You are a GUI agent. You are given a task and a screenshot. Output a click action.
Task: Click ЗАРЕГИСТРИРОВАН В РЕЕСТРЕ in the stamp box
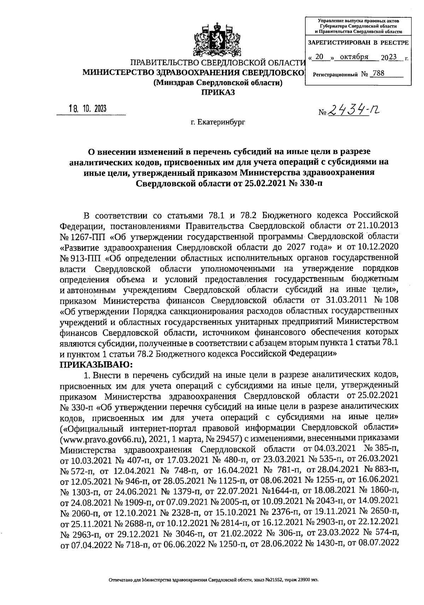coord(358,43)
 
